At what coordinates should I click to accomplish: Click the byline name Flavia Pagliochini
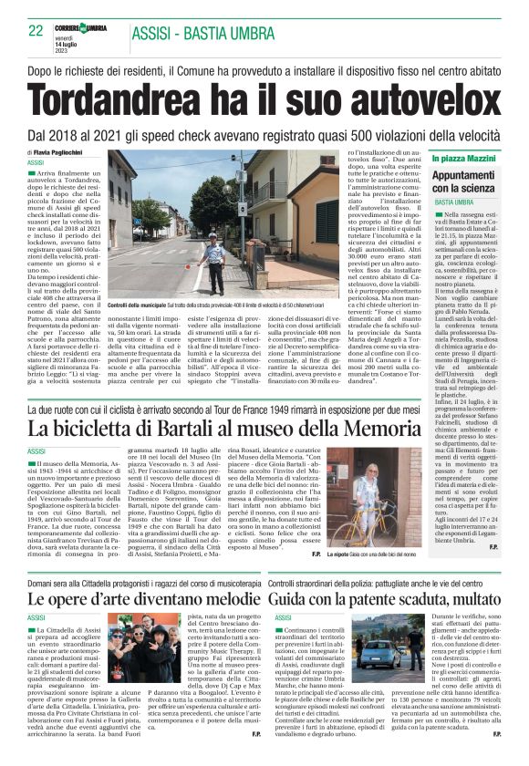click(x=66, y=152)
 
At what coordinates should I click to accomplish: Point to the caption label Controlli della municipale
click(x=138, y=303)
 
